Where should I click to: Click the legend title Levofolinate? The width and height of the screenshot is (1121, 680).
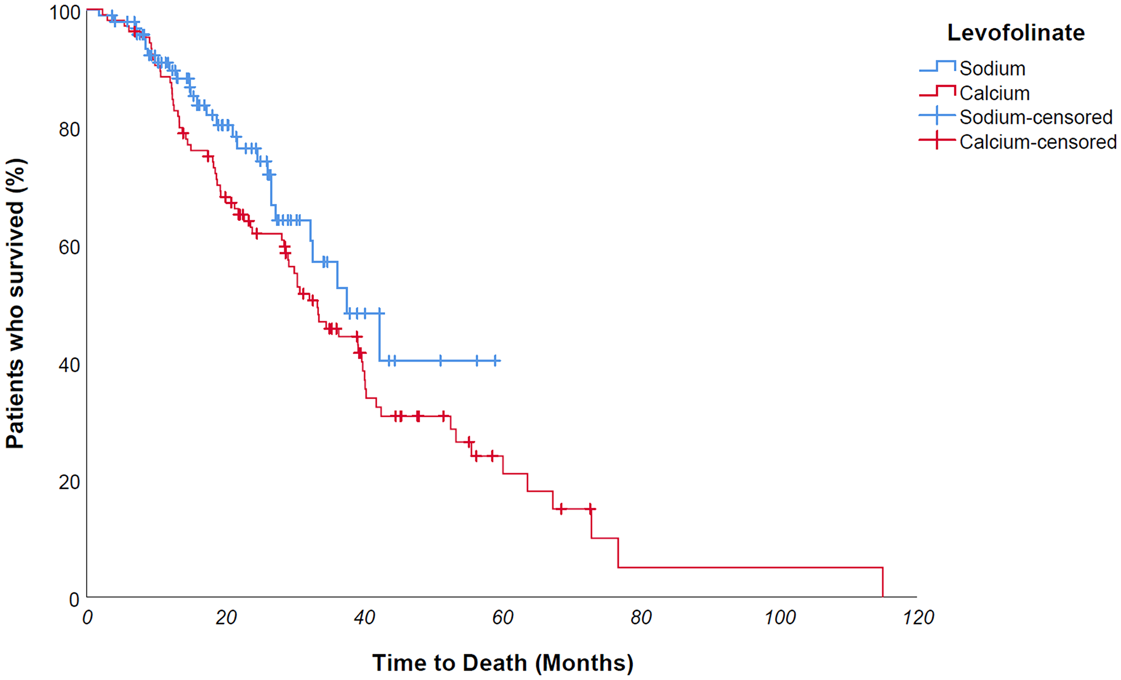click(x=1016, y=33)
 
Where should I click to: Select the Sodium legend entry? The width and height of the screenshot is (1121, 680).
click(x=992, y=68)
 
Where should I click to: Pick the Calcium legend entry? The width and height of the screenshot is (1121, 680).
click(x=994, y=93)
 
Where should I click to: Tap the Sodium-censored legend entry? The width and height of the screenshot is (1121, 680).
click(x=1035, y=117)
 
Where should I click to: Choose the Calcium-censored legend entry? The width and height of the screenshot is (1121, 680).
click(x=1037, y=142)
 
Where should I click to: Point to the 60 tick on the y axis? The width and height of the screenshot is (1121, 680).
click(x=70, y=247)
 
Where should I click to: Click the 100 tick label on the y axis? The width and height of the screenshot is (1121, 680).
click(x=65, y=12)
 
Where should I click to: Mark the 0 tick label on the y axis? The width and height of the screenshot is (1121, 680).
click(x=74, y=599)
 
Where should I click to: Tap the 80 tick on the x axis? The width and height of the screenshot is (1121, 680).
click(x=641, y=618)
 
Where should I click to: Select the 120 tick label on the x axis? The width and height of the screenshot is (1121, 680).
click(x=918, y=618)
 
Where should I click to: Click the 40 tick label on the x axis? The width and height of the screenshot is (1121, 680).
click(x=364, y=618)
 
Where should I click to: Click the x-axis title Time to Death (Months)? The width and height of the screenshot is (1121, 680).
click(x=503, y=663)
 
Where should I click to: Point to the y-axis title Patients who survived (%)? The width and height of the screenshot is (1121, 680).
click(x=15, y=303)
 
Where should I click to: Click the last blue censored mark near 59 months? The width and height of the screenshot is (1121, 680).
click(x=495, y=360)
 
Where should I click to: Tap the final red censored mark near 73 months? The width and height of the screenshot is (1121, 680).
click(x=590, y=509)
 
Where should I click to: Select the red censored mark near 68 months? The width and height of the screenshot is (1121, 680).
click(x=561, y=509)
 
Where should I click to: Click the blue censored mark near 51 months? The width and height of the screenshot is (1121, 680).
click(x=441, y=360)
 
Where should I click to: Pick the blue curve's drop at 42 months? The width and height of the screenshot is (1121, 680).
click(x=379, y=336)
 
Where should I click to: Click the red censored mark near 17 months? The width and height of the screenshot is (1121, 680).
click(x=208, y=157)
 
